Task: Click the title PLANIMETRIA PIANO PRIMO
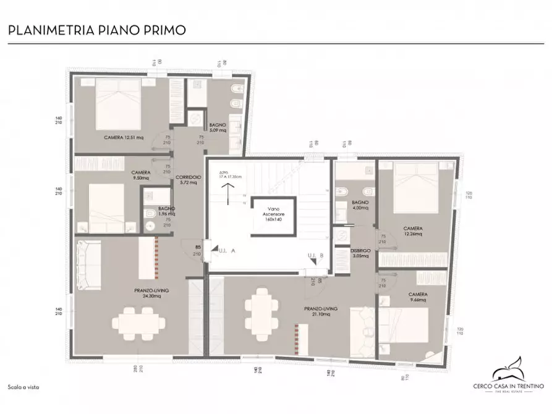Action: (x=96, y=30)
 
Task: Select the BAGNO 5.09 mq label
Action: (x=217, y=128)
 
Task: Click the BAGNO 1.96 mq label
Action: (x=166, y=211)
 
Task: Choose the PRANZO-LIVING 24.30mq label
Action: (x=138, y=292)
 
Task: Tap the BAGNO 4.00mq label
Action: (x=360, y=205)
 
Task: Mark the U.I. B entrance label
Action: (x=316, y=256)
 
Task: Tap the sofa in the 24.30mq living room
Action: (x=88, y=264)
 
